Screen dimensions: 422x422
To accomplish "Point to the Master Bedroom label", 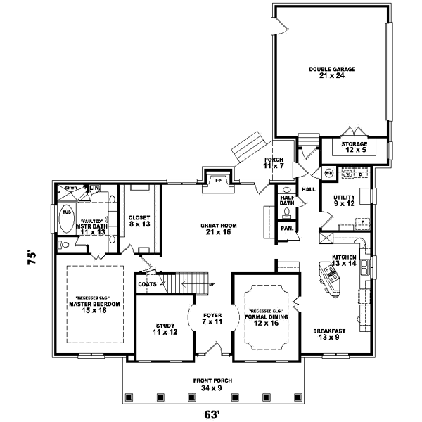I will [x=94, y=304].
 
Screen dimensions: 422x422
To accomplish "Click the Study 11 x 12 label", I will [x=165, y=328].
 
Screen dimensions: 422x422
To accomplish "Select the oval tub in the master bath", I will [x=66, y=220].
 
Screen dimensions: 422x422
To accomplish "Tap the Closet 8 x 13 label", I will [x=139, y=221].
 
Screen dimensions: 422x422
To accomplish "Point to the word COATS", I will [x=147, y=283].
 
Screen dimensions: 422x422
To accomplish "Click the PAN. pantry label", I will [x=286, y=229].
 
